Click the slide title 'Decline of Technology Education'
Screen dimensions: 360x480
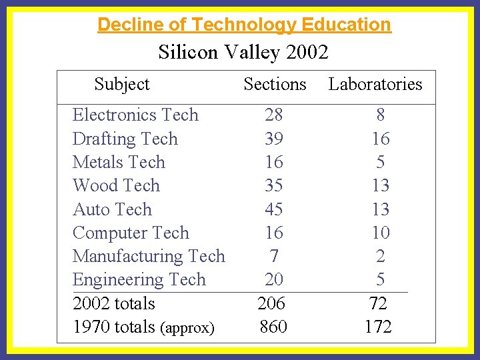244,25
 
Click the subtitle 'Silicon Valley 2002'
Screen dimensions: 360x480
243,52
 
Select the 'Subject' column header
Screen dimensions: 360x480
122,84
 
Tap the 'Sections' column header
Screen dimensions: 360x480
275,84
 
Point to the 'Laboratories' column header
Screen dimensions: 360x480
375,84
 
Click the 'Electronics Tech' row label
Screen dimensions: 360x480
135,115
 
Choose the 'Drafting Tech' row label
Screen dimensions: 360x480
125,139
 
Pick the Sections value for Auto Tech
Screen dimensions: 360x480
274,209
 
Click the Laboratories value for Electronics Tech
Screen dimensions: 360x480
380,115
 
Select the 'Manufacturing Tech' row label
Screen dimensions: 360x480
149,256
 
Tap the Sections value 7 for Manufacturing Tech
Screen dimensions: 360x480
274,256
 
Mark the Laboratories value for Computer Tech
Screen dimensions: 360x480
380,233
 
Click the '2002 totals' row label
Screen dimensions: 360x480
113,303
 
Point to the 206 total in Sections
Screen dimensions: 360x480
271,303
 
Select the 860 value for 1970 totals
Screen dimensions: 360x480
273,327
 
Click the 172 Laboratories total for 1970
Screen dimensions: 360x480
378,327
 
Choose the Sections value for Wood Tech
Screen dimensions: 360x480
274,185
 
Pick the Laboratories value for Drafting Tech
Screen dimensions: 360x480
380,139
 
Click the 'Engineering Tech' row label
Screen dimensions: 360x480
139,279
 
